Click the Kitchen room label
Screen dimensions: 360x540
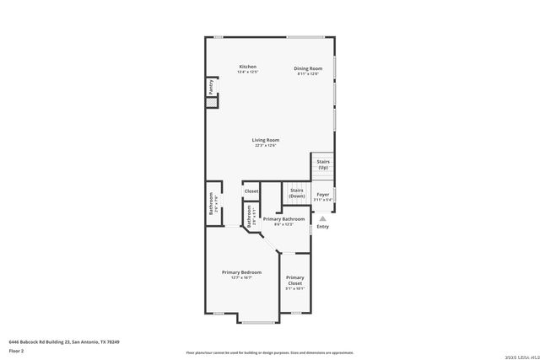247,67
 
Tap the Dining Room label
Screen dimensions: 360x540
308,68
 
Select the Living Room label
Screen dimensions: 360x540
265,140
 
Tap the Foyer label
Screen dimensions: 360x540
322,195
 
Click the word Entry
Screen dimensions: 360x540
322,226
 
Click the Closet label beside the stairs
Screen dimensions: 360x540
251,191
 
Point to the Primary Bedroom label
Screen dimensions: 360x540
241,272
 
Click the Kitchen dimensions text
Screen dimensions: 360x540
247,73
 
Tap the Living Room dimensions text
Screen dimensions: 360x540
265,146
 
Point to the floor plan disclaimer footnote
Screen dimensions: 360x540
269,352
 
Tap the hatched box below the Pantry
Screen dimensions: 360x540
211,103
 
